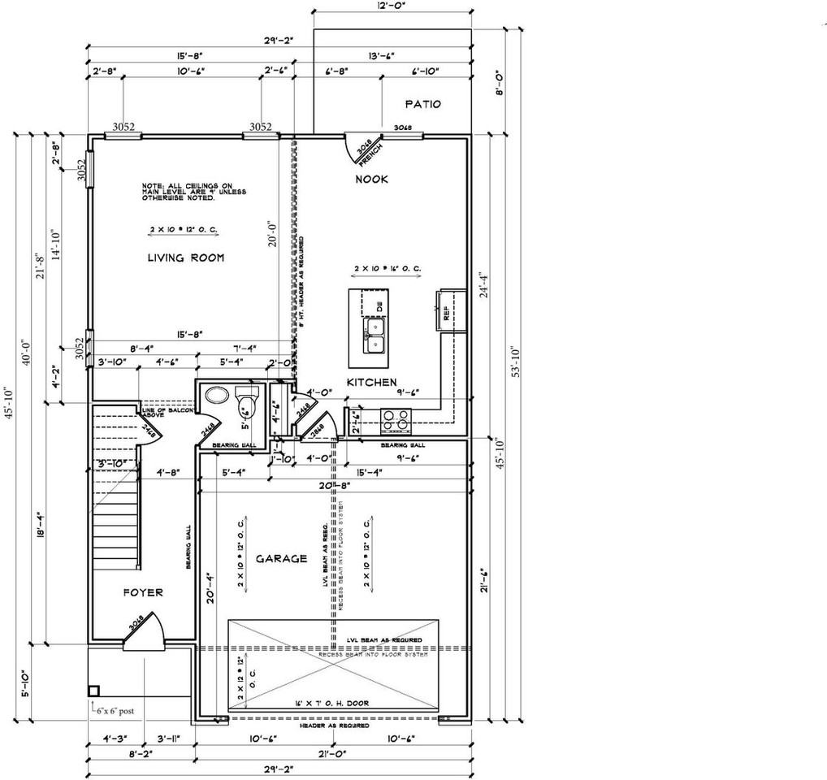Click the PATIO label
point(422,104)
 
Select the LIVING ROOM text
point(185,258)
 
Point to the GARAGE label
point(281,558)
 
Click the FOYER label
point(143,592)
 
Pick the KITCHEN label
point(372,382)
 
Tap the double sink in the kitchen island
point(375,335)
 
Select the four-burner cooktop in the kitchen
point(396,419)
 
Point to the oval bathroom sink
point(216,396)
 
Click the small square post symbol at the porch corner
point(93,691)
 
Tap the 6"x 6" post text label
point(115,710)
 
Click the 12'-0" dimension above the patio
point(392,4)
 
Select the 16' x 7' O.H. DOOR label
point(332,703)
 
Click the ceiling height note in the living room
point(194,191)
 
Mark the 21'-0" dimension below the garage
point(332,753)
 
